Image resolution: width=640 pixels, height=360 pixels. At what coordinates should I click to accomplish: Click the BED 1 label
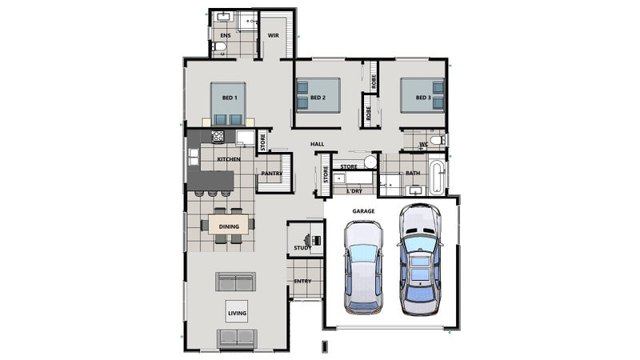[230, 98]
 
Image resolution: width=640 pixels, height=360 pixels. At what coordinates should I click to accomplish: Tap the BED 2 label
[318, 98]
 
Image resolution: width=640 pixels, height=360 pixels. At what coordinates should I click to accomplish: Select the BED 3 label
[423, 98]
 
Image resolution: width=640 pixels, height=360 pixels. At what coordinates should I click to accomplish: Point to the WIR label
[274, 35]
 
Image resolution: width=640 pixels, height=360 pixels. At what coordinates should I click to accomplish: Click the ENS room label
[226, 35]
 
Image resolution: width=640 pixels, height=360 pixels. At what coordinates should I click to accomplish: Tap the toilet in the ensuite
[218, 46]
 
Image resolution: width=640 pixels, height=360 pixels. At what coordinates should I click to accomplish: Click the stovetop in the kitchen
[218, 136]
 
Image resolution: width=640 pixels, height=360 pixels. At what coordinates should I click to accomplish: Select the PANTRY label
[272, 174]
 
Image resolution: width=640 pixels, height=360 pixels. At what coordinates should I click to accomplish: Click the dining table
[229, 225]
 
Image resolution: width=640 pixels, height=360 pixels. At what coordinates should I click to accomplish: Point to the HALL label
[317, 144]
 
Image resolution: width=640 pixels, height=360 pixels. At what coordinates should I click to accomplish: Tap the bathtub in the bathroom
[436, 178]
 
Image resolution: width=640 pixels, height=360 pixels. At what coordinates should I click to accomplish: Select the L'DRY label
[354, 191]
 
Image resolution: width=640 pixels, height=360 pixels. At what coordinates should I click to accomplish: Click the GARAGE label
[363, 211]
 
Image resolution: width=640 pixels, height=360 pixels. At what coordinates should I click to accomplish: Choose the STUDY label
[302, 248]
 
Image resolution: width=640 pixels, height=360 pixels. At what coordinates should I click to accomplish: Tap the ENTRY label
[303, 282]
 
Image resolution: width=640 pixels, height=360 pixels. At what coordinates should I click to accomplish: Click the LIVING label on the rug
[237, 313]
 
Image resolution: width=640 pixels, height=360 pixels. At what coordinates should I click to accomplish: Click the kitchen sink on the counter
[194, 157]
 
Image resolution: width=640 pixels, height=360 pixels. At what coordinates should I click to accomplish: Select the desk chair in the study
[307, 239]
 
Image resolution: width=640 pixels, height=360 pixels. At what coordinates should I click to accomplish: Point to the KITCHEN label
[229, 159]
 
